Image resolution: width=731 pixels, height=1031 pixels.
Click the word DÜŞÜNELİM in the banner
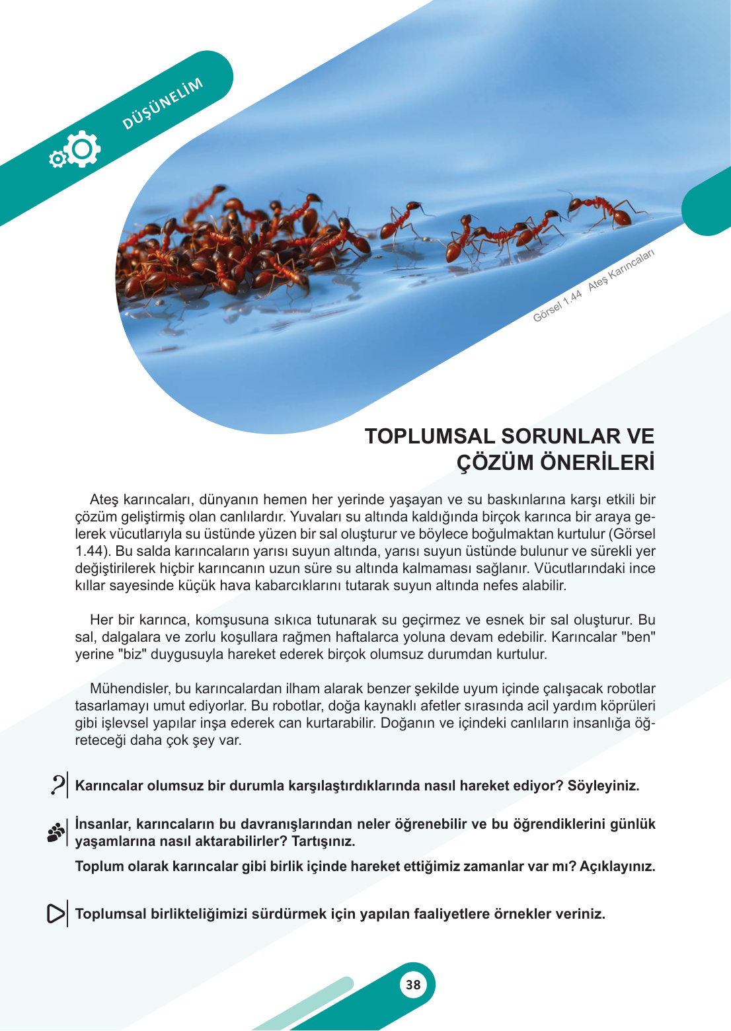point(163,104)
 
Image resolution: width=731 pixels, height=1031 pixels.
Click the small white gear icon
point(58,159)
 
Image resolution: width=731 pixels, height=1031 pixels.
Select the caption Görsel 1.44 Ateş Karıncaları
point(594,286)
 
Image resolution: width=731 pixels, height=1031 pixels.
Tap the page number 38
point(413,985)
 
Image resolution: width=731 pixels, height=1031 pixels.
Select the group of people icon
point(56,832)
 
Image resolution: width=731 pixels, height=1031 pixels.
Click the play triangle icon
point(56,913)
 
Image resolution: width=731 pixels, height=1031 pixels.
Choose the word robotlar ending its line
point(631,689)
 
